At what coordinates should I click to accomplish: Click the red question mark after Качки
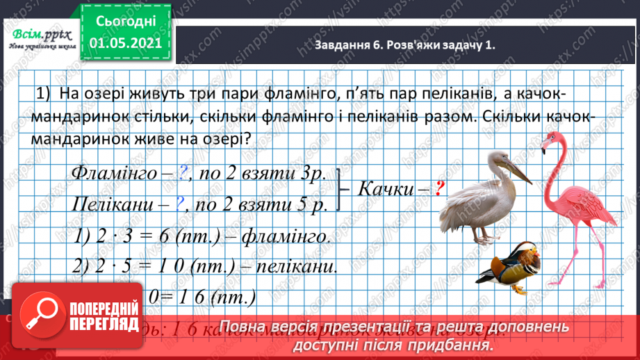(439, 188)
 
